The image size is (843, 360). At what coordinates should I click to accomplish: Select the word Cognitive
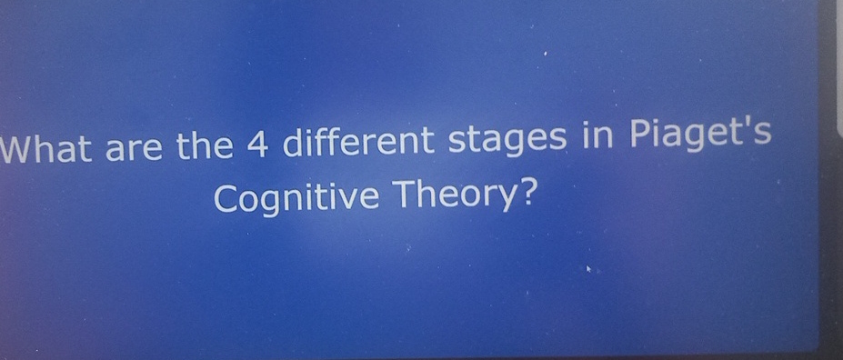coord(295,199)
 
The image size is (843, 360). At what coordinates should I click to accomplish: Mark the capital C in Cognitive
coord(226,199)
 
